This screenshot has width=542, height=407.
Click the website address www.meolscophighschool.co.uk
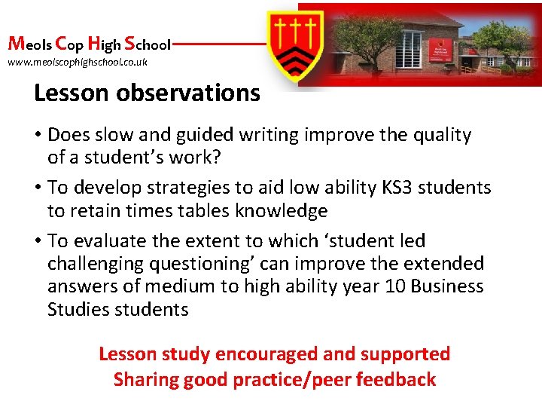pyautogui.click(x=78, y=63)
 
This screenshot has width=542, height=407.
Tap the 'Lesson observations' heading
pyautogui.click(x=147, y=93)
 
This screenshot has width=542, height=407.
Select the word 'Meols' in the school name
pyautogui.click(x=29, y=43)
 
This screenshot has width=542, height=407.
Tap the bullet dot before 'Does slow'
pyautogui.click(x=37, y=136)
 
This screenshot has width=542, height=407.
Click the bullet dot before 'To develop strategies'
pyautogui.click(x=37, y=188)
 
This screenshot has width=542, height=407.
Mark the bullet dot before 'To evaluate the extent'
pyautogui.click(x=37, y=241)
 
